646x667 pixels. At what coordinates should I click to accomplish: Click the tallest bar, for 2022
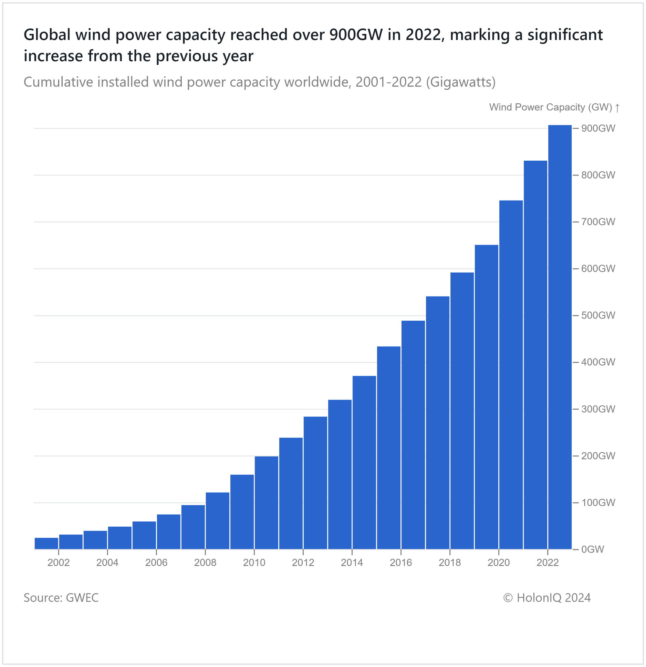[x=559, y=337]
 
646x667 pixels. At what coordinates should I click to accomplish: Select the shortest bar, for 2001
[x=46, y=543]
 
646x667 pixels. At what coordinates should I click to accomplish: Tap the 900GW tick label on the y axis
[x=598, y=128]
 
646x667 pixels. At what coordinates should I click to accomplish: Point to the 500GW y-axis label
[x=598, y=316]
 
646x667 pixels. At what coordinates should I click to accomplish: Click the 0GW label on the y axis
[x=592, y=549]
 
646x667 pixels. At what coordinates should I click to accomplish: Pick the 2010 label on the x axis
[x=254, y=563]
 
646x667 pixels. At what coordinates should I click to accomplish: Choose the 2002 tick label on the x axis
[x=58, y=563]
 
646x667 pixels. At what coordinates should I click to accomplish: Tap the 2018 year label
[x=449, y=563]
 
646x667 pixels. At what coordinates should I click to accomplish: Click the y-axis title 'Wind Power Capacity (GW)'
[x=550, y=107]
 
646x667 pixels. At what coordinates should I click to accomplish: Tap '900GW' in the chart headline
[x=356, y=35]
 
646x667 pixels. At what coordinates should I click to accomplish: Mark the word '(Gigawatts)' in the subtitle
[x=460, y=82]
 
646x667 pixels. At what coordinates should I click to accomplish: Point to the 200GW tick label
[x=598, y=456]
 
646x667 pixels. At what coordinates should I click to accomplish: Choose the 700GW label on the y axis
[x=598, y=222]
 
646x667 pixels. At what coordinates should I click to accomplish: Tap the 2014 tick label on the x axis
[x=352, y=563]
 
